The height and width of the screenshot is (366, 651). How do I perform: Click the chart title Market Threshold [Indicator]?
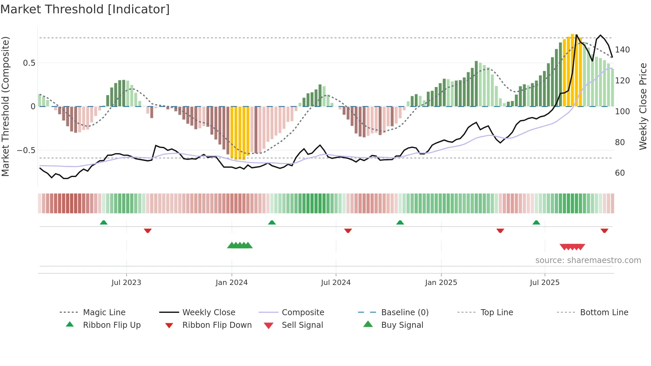[85, 9]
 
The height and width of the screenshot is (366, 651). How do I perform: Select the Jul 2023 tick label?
[126, 283]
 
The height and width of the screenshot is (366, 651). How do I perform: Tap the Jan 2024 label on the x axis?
[232, 283]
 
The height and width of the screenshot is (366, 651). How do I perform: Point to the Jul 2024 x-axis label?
[336, 283]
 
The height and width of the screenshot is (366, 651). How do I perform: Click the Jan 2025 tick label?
[441, 283]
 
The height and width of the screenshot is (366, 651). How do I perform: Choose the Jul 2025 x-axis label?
[545, 283]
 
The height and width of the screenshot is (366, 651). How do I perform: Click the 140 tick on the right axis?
[622, 50]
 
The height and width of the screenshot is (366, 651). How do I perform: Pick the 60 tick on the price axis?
[620, 173]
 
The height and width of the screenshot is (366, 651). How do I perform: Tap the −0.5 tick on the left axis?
[26, 150]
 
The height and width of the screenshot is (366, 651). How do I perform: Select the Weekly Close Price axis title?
[643, 106]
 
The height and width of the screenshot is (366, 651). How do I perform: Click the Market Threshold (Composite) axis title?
[5, 106]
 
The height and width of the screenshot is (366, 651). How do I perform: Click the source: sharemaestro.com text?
[588, 260]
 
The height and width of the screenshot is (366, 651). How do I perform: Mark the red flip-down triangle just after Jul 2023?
[148, 230]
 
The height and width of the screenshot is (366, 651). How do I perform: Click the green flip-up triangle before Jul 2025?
[536, 223]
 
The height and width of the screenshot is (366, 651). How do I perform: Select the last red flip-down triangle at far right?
[604, 230]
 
